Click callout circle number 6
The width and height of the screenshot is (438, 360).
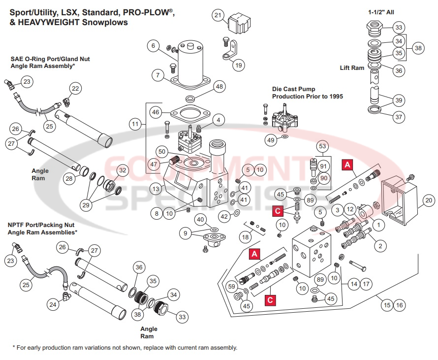(154, 46)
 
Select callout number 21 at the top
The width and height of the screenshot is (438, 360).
(218, 15)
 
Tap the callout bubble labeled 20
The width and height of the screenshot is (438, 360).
(429, 200)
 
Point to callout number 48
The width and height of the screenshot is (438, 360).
(219, 87)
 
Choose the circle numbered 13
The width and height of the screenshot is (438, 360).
(155, 189)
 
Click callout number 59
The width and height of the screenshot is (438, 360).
(231, 285)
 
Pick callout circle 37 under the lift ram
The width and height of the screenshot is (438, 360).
(398, 117)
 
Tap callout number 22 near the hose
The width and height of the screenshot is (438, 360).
(75, 89)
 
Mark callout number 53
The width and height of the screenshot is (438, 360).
(322, 146)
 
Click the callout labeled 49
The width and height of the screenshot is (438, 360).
(270, 140)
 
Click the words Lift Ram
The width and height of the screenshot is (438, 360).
(352, 67)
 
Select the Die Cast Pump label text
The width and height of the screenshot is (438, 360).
(308, 93)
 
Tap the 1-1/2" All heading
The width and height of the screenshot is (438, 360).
(381, 12)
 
